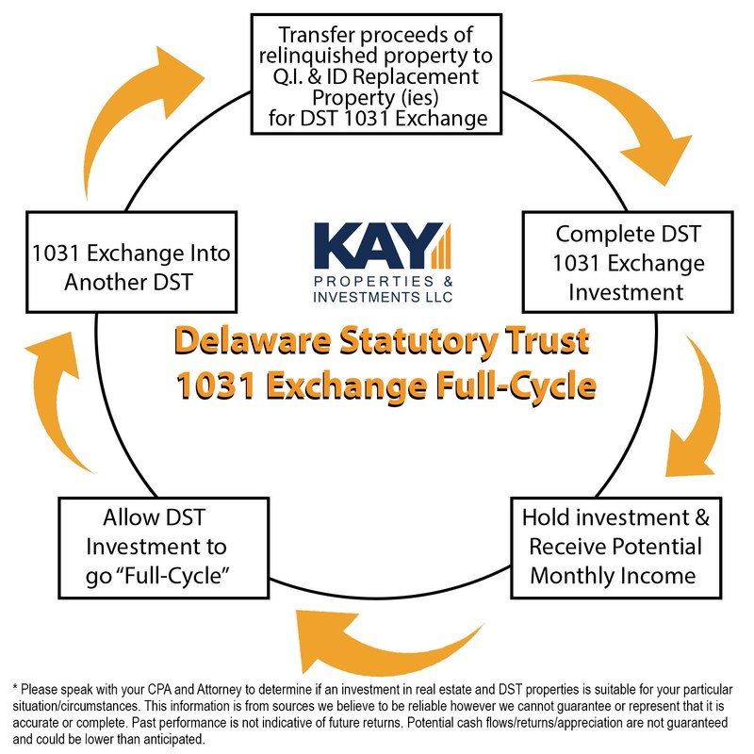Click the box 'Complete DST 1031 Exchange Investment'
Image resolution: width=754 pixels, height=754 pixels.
[x=628, y=262]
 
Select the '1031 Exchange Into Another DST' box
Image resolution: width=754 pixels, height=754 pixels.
[x=131, y=262]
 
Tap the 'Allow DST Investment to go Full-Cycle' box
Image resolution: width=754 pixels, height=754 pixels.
[x=163, y=548]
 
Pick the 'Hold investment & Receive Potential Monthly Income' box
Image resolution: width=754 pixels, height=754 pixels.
[x=616, y=548]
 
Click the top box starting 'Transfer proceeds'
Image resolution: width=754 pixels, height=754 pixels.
[x=376, y=74]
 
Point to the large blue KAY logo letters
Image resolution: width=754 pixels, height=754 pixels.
[x=379, y=245]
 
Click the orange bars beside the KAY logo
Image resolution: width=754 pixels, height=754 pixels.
[x=441, y=246]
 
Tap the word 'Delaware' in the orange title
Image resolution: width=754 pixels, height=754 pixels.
[x=253, y=341]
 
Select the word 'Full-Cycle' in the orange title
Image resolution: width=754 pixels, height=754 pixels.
[x=516, y=386]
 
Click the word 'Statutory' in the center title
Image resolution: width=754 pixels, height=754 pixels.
[x=418, y=342]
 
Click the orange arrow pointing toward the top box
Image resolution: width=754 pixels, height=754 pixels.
[x=139, y=115]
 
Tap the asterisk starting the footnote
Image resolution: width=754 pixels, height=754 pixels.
[x=15, y=688]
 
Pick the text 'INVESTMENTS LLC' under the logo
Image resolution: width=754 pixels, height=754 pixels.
[x=383, y=297]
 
